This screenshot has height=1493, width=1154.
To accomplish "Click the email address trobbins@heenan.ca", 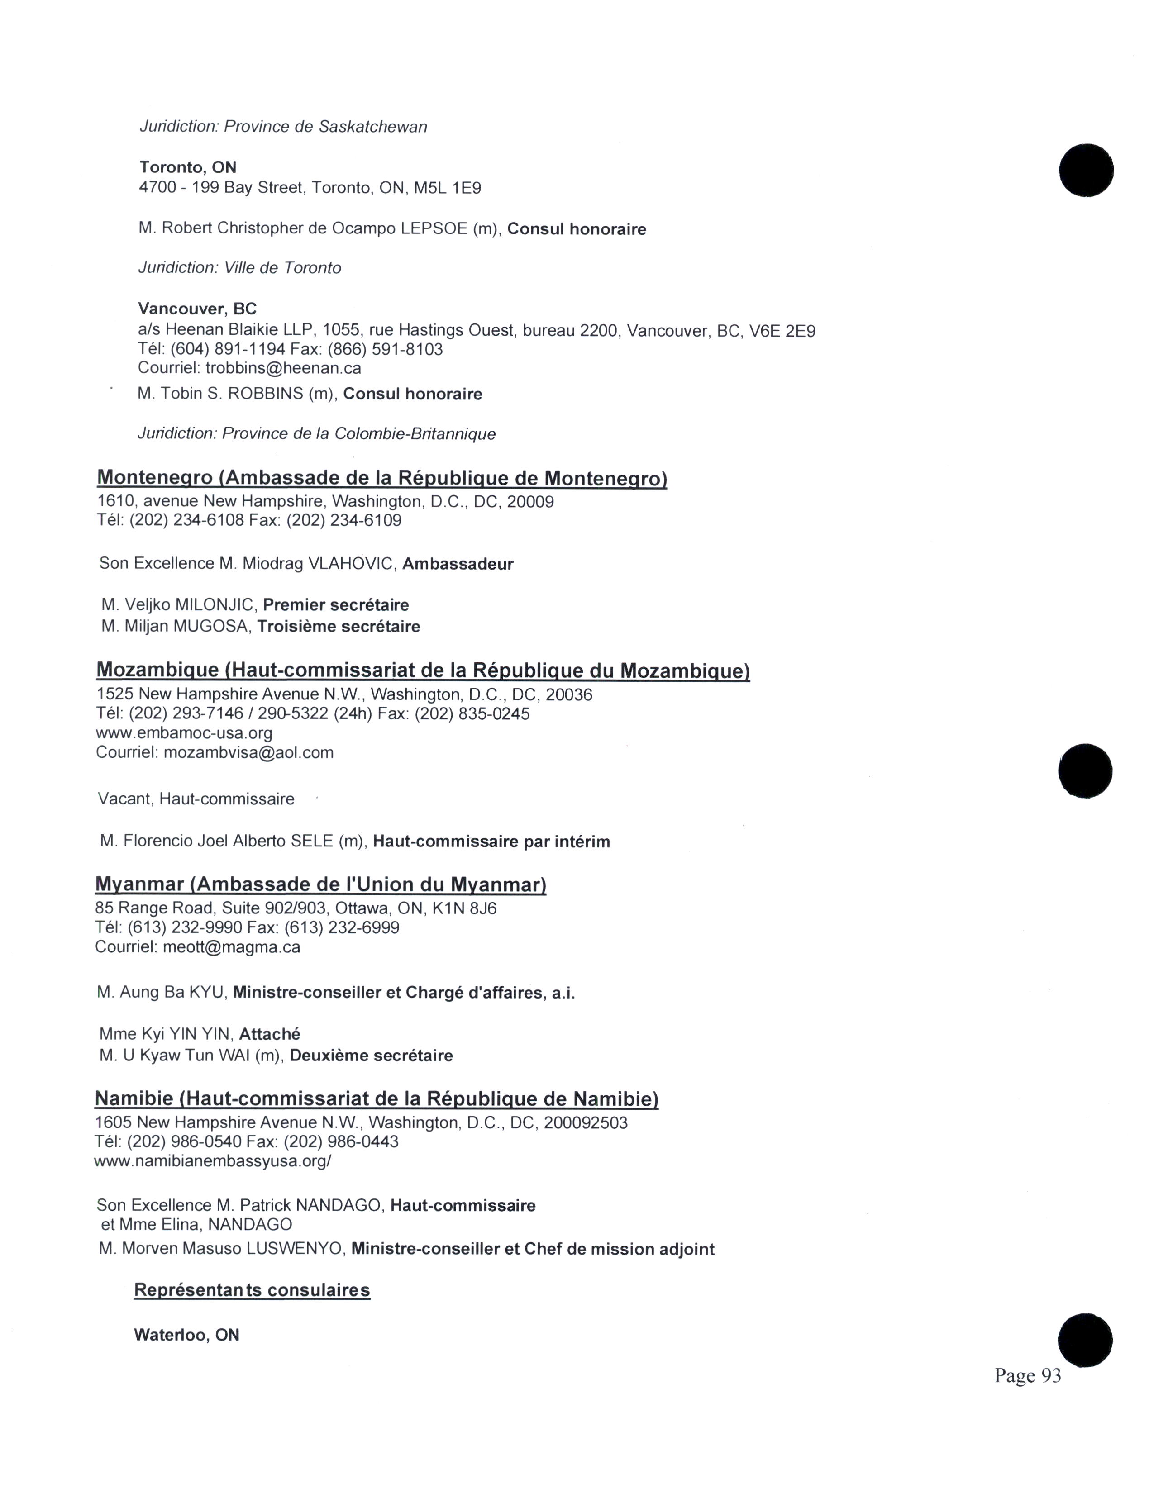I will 283,368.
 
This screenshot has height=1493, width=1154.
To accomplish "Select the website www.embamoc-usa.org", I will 184,733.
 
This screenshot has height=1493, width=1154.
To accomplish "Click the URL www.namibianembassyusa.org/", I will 213,1161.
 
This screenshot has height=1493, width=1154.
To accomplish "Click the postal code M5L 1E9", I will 447,188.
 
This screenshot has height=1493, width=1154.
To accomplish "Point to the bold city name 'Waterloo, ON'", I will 186,1335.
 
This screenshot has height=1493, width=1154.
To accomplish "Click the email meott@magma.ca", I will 232,947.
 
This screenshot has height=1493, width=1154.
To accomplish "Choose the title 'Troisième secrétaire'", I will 339,627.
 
